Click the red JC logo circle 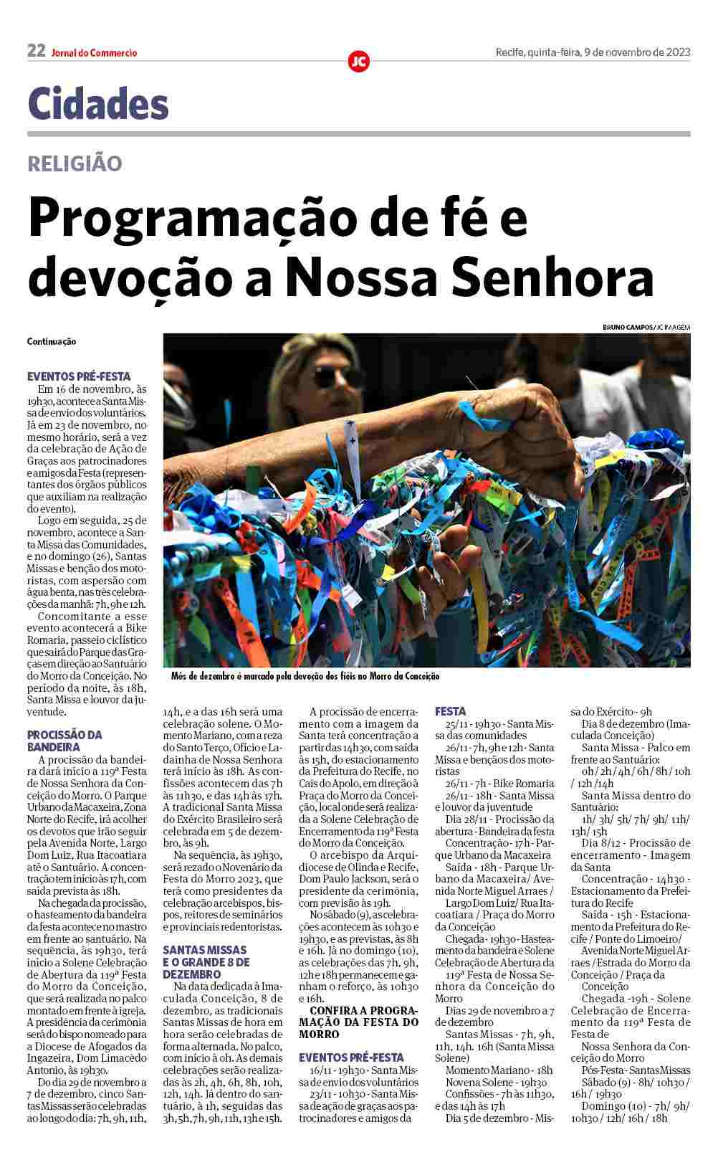pos(358,62)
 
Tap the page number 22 pos(36,51)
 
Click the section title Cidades pos(98,104)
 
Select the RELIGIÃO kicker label pos(75,163)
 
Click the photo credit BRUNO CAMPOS pos(628,327)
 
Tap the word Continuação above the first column pos(52,342)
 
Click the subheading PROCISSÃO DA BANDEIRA pos(64,741)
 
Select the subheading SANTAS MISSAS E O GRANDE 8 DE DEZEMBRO pos(206,962)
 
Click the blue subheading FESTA pos(450,711)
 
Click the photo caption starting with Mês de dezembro pos(305,676)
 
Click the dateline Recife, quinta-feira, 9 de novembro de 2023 pos(593,52)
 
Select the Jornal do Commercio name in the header pos(94,52)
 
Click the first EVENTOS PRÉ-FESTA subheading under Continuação pos(79,376)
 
